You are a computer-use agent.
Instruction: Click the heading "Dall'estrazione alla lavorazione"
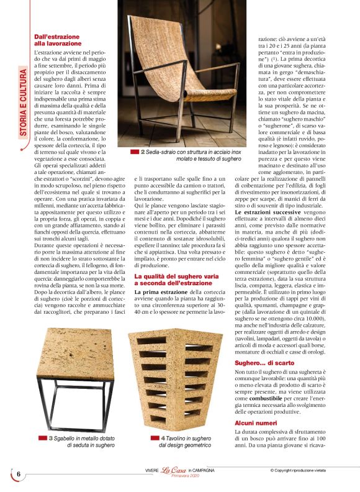point(58,40)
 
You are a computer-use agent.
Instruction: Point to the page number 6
point(19,475)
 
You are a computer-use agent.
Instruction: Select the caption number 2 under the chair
point(143,152)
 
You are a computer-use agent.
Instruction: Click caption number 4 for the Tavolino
point(163,438)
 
